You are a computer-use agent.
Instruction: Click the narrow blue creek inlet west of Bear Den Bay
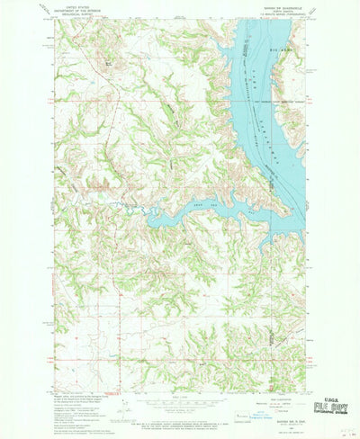tap(135, 209)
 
